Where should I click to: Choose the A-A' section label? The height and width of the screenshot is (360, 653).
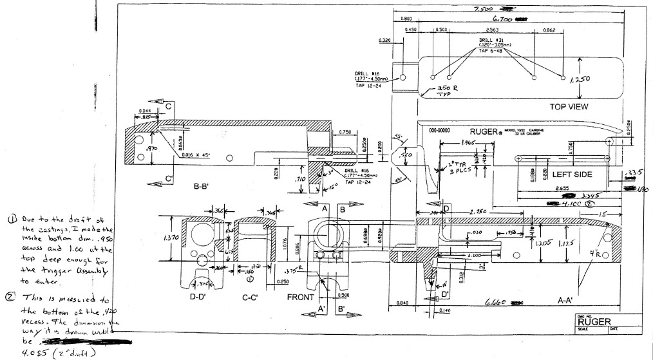[x=569, y=299]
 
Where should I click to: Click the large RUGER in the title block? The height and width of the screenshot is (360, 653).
[x=595, y=322]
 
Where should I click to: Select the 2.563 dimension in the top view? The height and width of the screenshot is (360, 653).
[x=492, y=30]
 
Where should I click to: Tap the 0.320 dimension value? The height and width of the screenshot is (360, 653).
[x=386, y=40]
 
